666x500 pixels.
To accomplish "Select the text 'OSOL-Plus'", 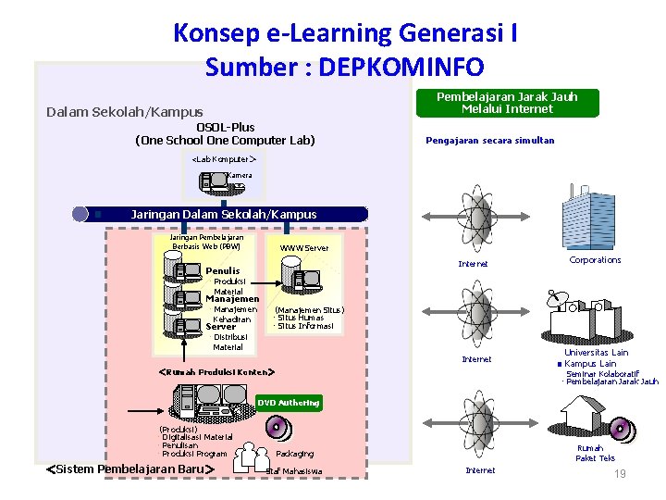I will (x=225, y=127).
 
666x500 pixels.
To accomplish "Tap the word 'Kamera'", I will (x=239, y=175).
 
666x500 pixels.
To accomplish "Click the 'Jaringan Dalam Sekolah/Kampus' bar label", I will (x=224, y=214).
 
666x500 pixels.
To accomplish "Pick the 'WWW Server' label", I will (x=303, y=248).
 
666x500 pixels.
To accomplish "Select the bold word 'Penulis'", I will (x=222, y=271).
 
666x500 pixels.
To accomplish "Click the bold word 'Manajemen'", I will (x=232, y=300).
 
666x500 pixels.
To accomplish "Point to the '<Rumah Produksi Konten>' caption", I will (x=217, y=371).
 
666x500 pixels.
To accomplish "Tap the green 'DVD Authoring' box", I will (x=288, y=403).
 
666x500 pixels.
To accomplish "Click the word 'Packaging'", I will (x=294, y=454).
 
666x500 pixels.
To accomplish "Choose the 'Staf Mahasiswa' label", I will (x=293, y=471).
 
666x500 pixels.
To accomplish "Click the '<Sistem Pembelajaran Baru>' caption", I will (x=130, y=469).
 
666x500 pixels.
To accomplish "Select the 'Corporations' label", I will (x=595, y=260).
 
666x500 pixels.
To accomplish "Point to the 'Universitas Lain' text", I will (x=596, y=353).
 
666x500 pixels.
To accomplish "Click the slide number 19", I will (x=621, y=474).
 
